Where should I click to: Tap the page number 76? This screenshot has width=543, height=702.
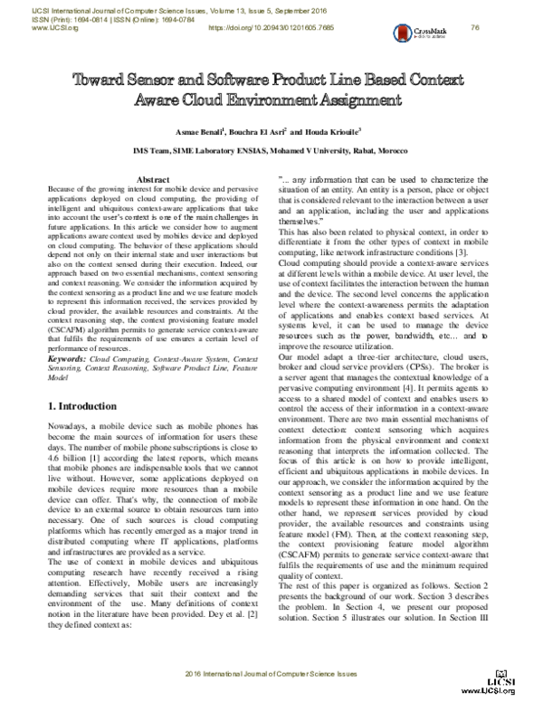point(525,28)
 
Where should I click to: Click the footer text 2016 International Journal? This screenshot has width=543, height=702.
point(272,676)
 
